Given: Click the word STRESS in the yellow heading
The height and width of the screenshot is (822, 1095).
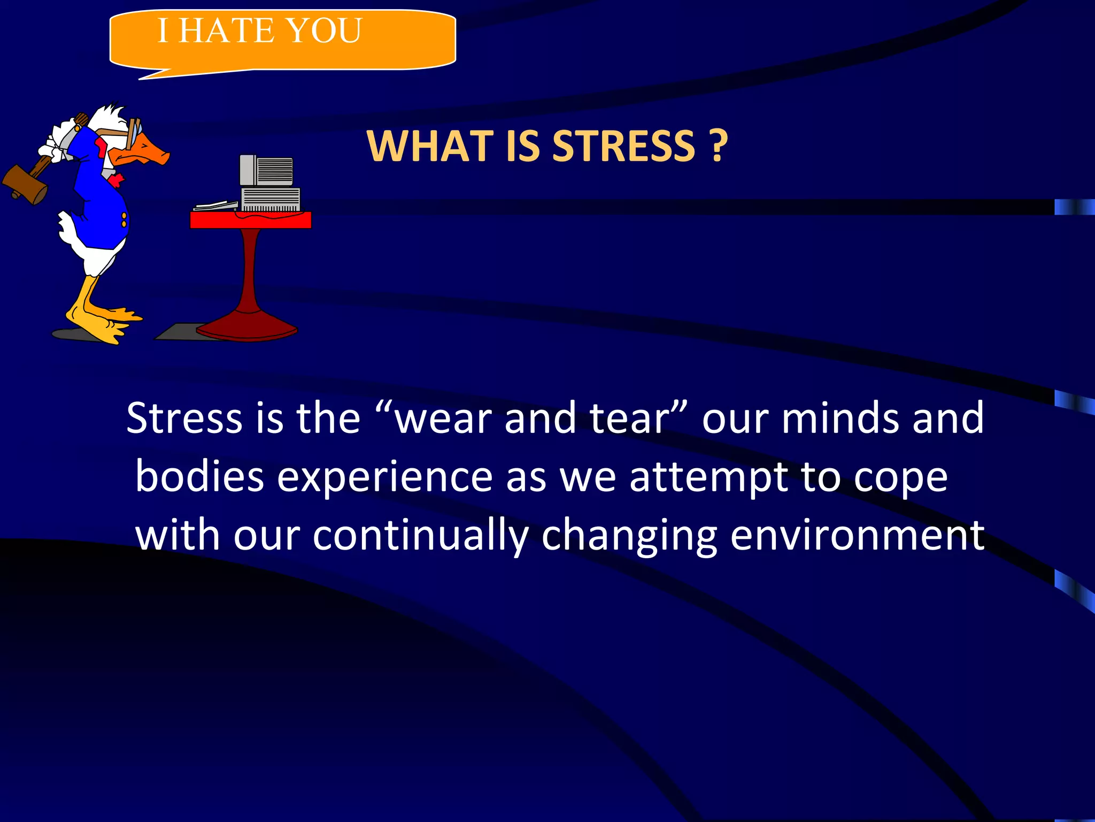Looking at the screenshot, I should click(623, 146).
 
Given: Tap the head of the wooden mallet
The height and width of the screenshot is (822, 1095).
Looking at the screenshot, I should click(24, 184).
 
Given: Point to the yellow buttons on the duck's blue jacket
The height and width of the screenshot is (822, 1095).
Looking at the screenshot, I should click(124, 219).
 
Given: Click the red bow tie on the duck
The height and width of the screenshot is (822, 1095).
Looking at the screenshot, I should click(117, 179).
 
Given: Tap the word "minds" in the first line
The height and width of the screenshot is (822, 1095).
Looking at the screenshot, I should click(840, 418).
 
